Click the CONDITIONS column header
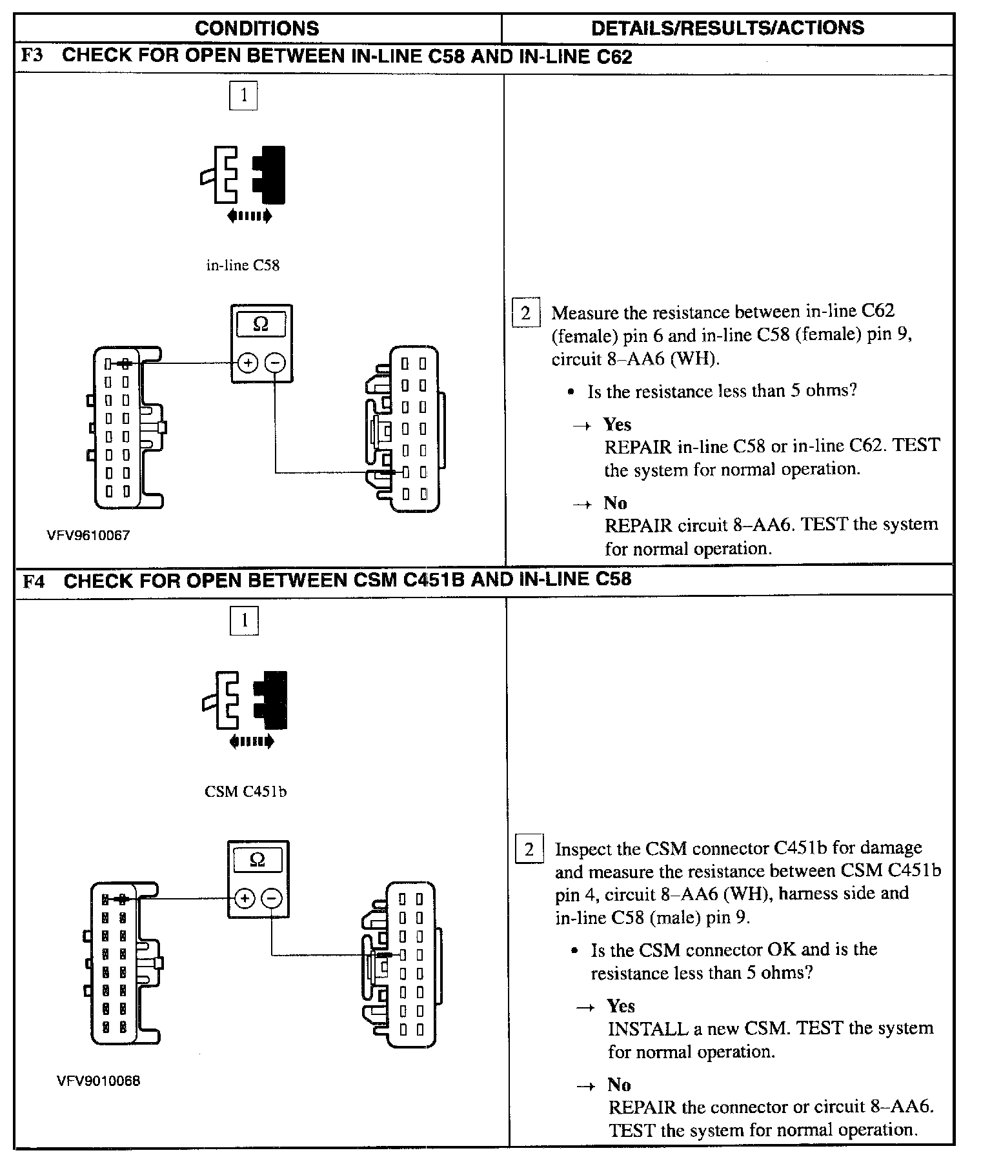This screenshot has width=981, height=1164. coord(257,28)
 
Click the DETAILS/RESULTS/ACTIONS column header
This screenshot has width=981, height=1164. coord(727,28)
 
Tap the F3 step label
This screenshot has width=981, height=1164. coord(32,55)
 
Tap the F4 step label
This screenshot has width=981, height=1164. coord(34,581)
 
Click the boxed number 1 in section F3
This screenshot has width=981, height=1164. coord(243,96)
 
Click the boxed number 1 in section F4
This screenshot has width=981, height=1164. coord(244,621)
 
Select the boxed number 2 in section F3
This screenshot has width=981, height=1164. coord(525,314)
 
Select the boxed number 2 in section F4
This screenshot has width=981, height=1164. coord(529,849)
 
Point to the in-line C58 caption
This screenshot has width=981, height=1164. coord(243,265)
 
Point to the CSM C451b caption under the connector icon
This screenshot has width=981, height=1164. coord(245,791)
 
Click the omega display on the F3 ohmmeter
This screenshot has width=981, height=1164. coord(261,324)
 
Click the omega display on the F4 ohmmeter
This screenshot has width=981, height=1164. coord(258,859)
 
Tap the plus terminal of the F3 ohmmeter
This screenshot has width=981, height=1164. coord(247,363)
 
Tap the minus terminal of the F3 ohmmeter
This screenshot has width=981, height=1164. coord(276,363)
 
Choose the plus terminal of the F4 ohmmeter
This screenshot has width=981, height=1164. coord(244,898)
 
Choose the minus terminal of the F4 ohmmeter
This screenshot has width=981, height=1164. coord(272,898)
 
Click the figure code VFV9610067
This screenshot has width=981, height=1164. coord(88,536)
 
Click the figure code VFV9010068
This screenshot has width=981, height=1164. coord(98,1081)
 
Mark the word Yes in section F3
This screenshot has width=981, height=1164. coord(617,425)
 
